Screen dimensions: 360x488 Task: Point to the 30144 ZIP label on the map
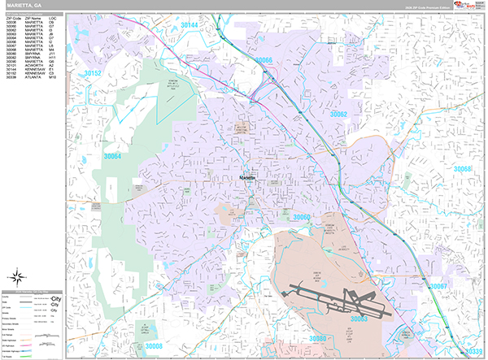point(189,26)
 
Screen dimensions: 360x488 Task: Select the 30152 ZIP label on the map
point(92,74)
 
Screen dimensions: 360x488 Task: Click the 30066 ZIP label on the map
point(263,61)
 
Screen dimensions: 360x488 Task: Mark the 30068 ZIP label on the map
point(462,169)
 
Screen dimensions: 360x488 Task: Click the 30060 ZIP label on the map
point(302,217)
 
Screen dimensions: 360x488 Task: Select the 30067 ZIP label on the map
point(438,287)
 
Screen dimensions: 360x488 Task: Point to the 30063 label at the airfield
point(359,319)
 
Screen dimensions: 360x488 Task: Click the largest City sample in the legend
point(54,299)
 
